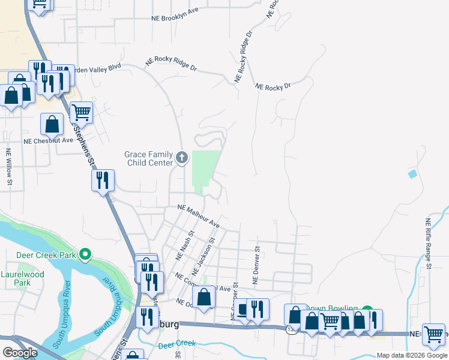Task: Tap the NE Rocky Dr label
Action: pos(273,86)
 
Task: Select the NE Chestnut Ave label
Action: pos(48,140)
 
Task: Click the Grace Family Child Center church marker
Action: pos(182,158)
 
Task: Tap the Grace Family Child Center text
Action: pos(149,158)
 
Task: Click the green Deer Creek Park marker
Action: pos(85,254)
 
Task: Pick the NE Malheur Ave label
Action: pos(199,215)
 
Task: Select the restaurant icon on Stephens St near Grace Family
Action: pos(103,179)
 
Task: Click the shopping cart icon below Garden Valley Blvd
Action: pos(81,112)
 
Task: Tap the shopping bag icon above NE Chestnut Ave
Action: pos(52,124)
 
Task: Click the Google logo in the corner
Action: pos(20,353)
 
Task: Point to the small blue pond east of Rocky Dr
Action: pos(412,174)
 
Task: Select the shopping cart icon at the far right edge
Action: pos(433,334)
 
